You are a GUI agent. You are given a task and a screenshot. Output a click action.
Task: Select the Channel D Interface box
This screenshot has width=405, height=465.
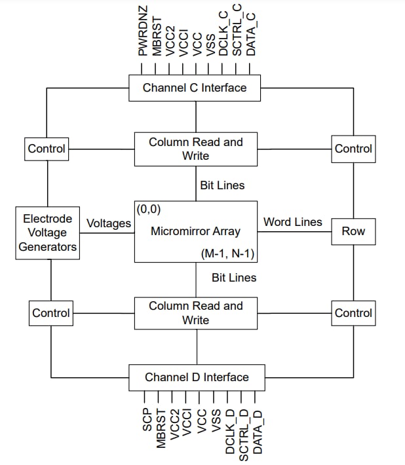coord(197,377)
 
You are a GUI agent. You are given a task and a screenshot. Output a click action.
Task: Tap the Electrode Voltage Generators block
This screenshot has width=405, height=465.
coord(47,232)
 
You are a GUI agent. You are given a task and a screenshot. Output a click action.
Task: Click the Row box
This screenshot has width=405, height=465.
coord(353,231)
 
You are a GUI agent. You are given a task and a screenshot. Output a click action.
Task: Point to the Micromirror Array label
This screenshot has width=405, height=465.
coord(195,231)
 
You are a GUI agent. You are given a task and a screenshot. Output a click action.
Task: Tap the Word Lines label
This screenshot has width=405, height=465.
coord(292,222)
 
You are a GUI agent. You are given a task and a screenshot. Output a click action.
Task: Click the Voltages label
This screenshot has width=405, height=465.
coord(109,224)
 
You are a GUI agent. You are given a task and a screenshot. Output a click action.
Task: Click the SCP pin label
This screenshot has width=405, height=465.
coord(146,420)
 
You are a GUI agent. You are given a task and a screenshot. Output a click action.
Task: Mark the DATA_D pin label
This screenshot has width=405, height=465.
coord(258,432)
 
